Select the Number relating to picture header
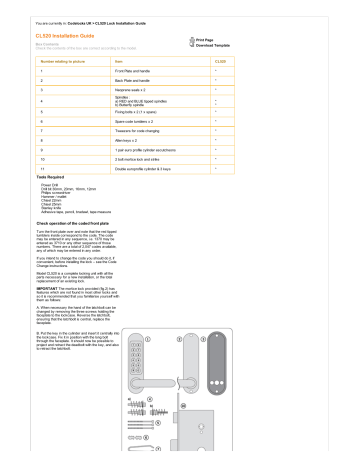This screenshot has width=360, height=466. coord(63,61)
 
